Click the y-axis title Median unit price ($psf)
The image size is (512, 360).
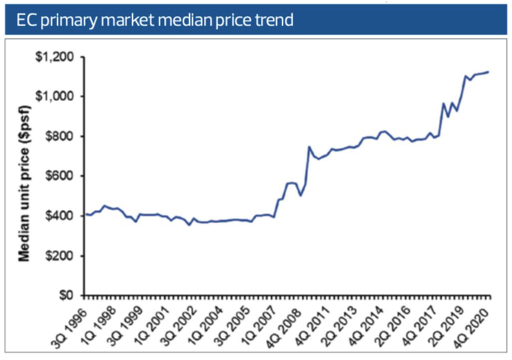point(24,176)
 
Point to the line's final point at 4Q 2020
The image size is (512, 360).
point(488,72)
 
